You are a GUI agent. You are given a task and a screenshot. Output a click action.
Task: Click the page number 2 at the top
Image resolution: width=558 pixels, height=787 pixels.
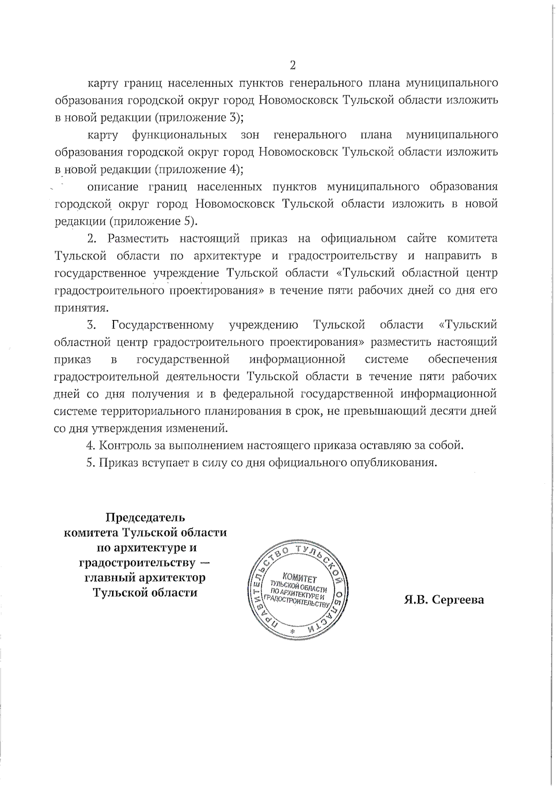click(292, 65)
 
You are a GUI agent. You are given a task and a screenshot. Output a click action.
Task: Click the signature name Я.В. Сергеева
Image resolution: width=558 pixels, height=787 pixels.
click(444, 600)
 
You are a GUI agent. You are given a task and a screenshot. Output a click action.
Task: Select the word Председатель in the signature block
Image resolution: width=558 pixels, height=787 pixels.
click(145, 517)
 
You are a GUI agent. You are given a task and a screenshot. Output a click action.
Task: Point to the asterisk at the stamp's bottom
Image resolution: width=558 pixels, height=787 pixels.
click(292, 634)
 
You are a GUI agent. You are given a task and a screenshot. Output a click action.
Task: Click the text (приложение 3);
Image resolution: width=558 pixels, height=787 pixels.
click(199, 117)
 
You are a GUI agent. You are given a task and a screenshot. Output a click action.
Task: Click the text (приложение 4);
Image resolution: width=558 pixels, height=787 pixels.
click(199, 169)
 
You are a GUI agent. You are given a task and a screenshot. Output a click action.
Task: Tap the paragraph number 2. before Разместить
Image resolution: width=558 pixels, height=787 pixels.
click(92, 239)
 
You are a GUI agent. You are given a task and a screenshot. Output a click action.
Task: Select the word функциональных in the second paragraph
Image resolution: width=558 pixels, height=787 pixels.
click(179, 135)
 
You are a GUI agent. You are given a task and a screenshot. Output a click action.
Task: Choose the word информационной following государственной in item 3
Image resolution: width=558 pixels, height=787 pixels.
click(297, 359)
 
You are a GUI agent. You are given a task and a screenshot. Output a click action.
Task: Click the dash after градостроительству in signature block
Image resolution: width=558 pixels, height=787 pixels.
click(203, 563)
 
